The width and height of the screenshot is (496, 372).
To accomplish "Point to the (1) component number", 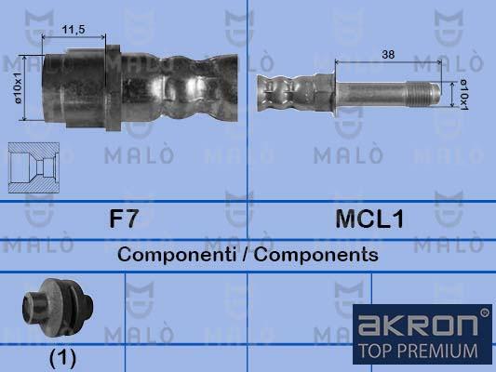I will point(61,356).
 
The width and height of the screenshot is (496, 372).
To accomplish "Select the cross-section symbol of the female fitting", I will point(34,166).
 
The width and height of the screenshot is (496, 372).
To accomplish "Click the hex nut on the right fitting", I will point(322,91).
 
